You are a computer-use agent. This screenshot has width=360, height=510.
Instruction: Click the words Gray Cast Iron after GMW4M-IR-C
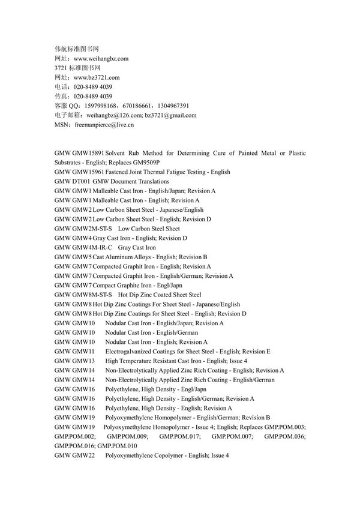[x=137, y=247]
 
